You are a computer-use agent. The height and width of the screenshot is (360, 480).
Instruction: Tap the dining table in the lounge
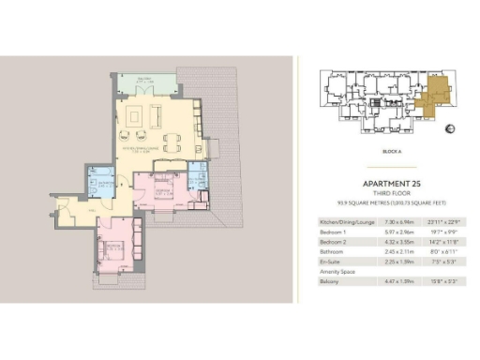172,142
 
